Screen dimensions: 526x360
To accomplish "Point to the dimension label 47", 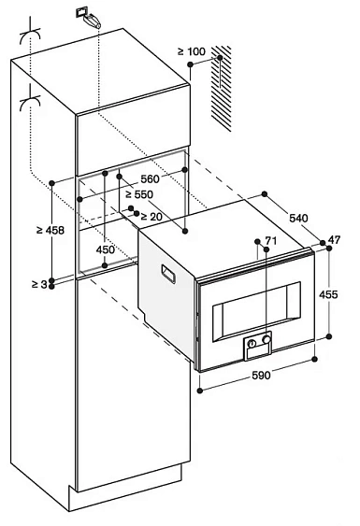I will point(345,242).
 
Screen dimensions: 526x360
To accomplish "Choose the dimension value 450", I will point(105,250).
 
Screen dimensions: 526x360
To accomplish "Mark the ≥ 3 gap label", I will point(35,283).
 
